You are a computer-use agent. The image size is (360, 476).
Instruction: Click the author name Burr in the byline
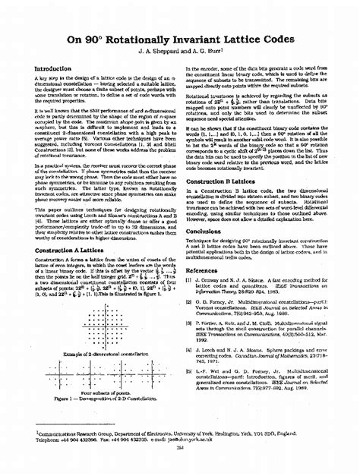tap(207, 52)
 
